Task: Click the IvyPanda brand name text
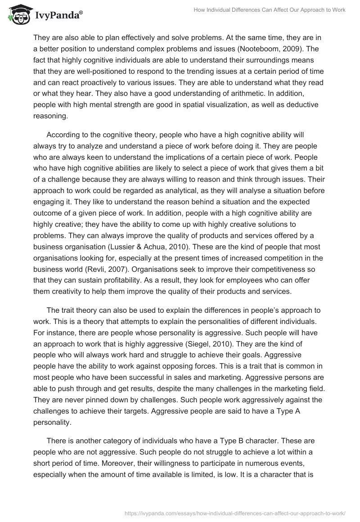[x=59, y=15]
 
